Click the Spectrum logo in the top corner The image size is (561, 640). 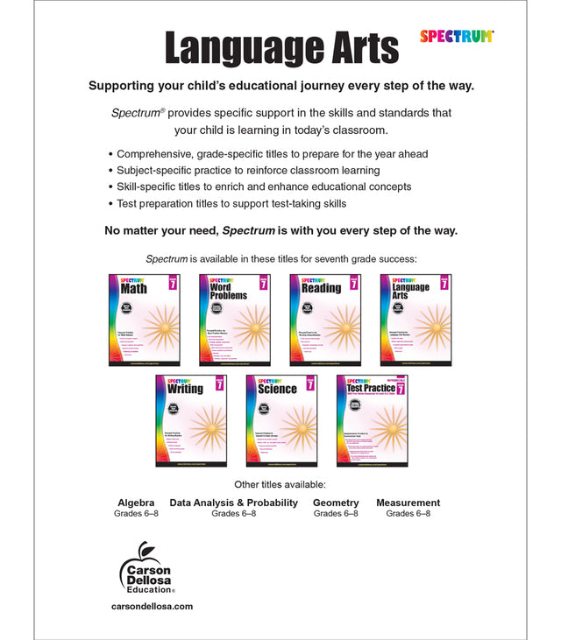(457, 36)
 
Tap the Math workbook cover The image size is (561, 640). (144, 320)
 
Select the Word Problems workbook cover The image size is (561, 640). (234, 320)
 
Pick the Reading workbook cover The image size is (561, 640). (324, 320)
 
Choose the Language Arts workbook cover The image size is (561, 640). (415, 320)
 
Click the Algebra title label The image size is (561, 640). (136, 503)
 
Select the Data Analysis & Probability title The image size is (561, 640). (234, 503)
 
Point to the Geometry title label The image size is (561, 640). (336, 503)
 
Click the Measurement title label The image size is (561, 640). (408, 503)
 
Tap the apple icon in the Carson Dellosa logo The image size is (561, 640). (142, 553)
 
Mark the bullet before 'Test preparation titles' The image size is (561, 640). (110, 203)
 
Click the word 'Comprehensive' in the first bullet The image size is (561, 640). (159, 153)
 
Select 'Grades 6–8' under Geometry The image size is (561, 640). (336, 513)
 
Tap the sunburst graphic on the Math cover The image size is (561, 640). (160, 328)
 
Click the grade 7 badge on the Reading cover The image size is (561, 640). (352, 284)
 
